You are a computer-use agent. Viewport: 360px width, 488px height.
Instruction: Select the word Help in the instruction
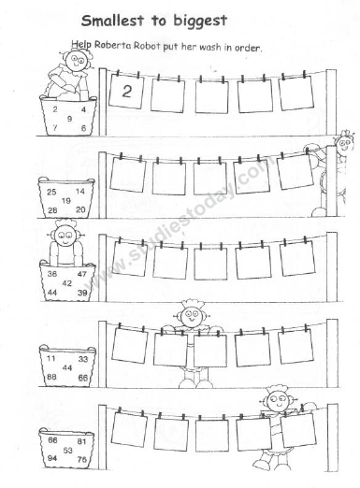click(81, 44)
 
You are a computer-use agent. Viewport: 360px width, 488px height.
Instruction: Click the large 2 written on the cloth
click(126, 92)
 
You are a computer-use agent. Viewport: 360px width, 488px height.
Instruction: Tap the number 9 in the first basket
click(69, 119)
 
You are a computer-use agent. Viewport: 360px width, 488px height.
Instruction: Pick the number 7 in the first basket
click(57, 126)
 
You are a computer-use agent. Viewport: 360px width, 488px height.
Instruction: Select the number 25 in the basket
click(53, 192)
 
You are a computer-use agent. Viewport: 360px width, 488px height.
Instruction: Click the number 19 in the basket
click(67, 200)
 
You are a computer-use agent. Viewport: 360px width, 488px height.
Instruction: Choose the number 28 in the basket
click(53, 209)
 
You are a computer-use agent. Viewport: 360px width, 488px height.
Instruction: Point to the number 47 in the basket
click(81, 274)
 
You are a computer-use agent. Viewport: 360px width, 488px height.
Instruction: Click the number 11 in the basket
click(51, 359)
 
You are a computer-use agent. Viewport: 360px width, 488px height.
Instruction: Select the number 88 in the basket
click(52, 377)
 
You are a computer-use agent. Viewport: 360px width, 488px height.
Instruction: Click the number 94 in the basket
click(52, 459)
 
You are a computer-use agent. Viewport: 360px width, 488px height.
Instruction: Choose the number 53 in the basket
click(67, 450)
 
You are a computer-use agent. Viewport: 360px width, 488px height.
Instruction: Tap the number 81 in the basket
click(82, 440)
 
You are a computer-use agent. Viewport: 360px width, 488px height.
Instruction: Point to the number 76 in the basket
click(82, 459)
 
